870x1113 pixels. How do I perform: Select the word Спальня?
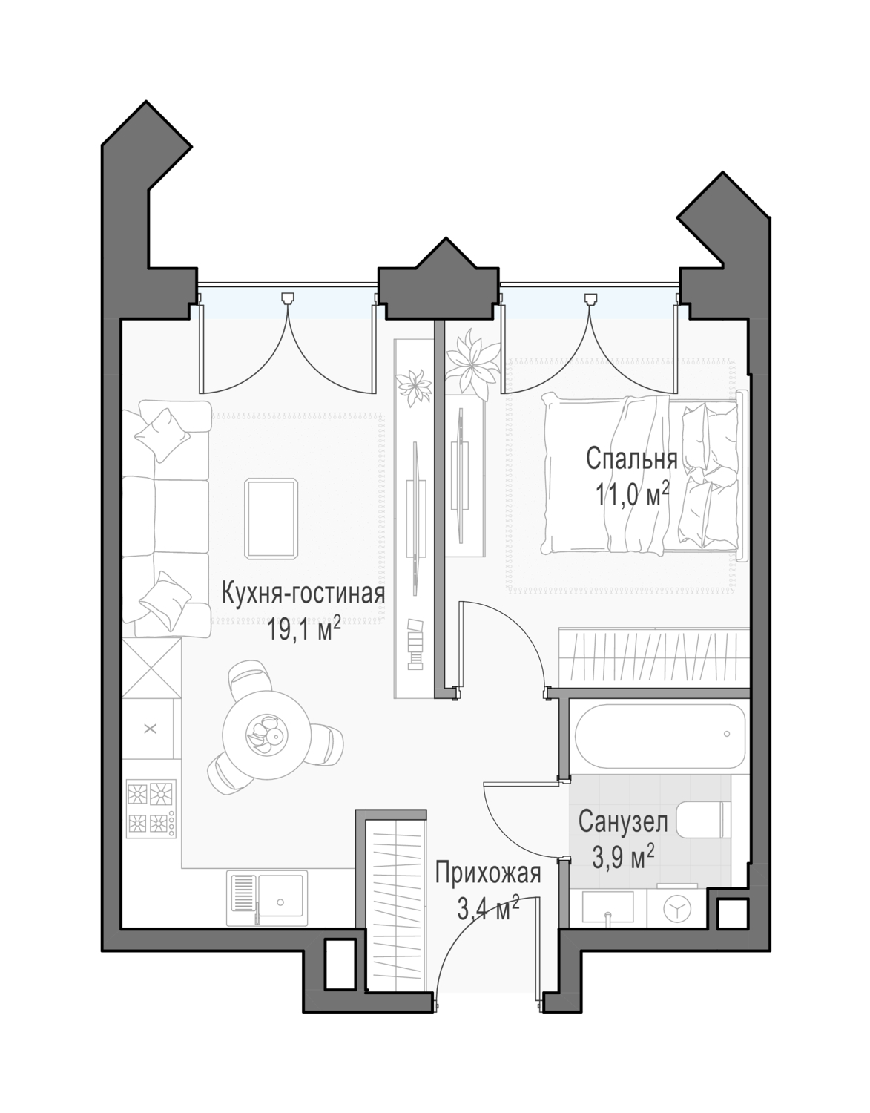(x=631, y=459)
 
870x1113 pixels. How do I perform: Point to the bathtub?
(x=659, y=737)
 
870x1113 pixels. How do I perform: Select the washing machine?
(x=676, y=908)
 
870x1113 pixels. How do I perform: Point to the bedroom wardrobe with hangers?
(x=653, y=657)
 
